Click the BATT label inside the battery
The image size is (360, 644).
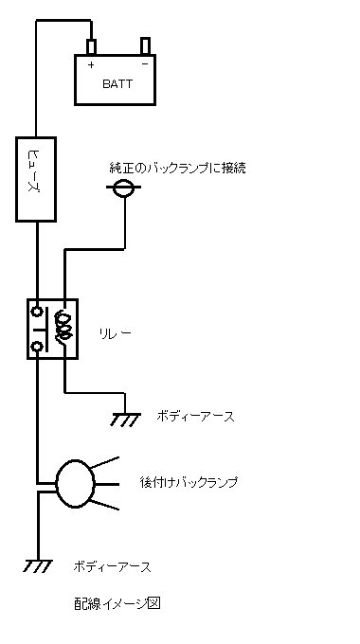click(117, 84)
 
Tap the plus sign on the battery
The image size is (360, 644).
click(91, 64)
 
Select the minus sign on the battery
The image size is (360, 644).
click(145, 64)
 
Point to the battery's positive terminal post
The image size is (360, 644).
click(91, 46)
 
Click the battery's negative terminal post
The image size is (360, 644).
click(145, 45)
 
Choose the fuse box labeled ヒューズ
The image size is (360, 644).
click(36, 180)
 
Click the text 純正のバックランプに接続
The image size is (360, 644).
click(177, 168)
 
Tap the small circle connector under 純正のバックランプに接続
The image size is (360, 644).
click(123, 188)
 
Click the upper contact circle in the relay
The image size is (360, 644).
click(37, 312)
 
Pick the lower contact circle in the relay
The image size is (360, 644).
click(37, 347)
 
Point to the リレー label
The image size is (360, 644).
click(116, 333)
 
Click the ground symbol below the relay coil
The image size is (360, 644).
click(125, 420)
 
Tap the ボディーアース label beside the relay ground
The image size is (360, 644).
click(195, 417)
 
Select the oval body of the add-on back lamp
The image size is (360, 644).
click(75, 484)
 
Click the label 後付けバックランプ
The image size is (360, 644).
click(189, 482)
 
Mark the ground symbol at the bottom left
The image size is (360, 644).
click(38, 565)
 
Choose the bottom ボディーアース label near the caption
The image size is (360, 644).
click(112, 567)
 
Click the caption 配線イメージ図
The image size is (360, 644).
click(117, 603)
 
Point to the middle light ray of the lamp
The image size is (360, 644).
click(107, 484)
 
